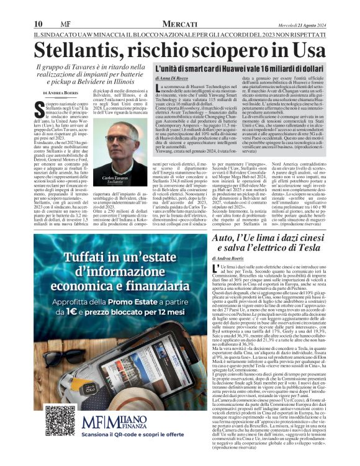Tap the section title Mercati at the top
pyautogui.click(x=180, y=23)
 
